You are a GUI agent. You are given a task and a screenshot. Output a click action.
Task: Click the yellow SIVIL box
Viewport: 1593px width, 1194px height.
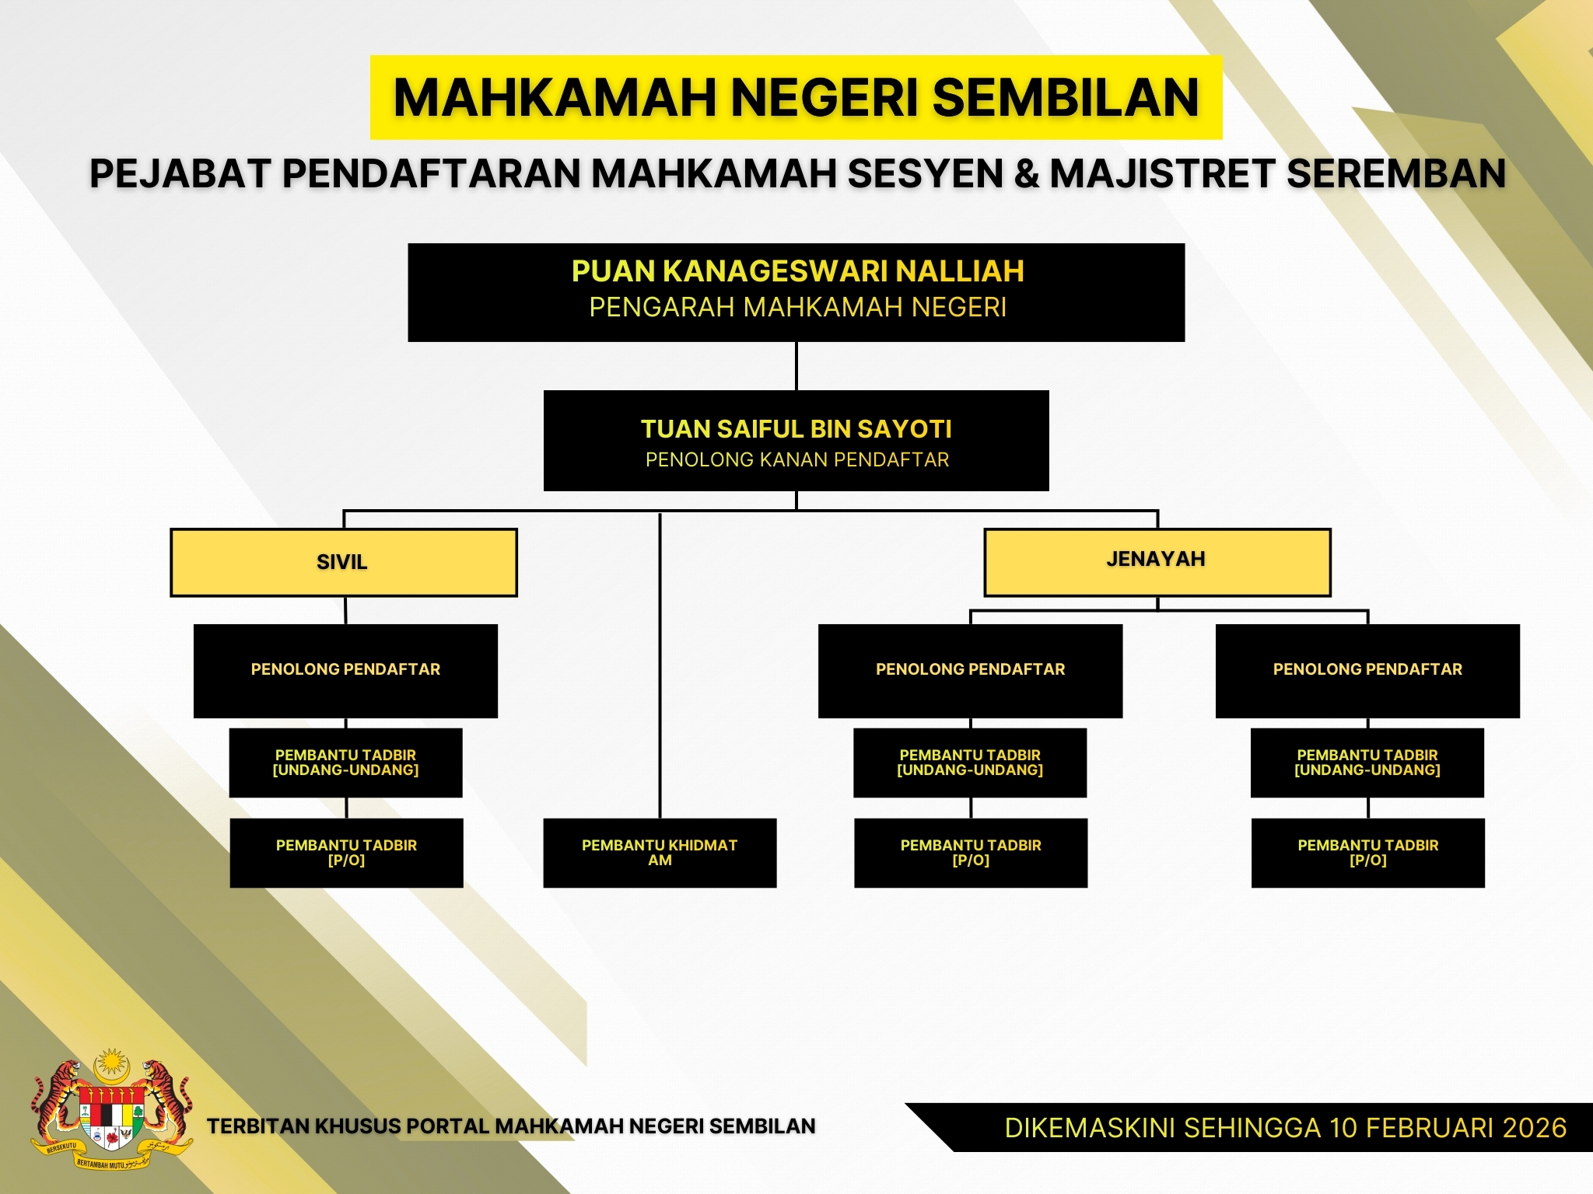344,563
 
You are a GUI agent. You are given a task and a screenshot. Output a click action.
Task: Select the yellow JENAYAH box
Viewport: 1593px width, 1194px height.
1157,563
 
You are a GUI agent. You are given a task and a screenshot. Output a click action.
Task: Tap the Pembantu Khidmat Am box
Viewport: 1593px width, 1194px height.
660,853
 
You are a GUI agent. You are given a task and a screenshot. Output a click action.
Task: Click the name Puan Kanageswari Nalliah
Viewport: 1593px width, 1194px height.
797,271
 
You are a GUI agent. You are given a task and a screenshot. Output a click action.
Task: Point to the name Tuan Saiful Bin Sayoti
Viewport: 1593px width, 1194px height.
796,429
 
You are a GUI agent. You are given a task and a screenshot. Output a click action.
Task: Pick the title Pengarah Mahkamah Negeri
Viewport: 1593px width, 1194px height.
797,308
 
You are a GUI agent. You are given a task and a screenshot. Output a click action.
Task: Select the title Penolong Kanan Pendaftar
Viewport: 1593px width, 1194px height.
797,460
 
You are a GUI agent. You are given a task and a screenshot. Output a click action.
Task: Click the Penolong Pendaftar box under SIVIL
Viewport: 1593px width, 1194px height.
345,671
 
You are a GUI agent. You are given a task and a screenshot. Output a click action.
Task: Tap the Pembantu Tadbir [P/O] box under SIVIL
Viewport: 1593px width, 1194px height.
346,853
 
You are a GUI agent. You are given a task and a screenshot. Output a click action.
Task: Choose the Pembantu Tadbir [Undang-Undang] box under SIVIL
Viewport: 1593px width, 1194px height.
345,763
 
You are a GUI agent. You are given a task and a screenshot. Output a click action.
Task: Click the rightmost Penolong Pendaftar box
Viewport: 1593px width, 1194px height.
1367,671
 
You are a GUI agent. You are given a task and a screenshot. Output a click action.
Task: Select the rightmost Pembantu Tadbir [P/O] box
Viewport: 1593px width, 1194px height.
1368,853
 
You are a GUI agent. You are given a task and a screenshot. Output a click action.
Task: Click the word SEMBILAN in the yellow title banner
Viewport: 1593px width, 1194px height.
1066,98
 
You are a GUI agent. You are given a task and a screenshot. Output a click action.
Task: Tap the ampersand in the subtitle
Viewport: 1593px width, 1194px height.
1027,173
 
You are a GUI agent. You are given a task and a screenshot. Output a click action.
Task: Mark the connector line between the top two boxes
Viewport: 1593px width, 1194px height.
796,366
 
